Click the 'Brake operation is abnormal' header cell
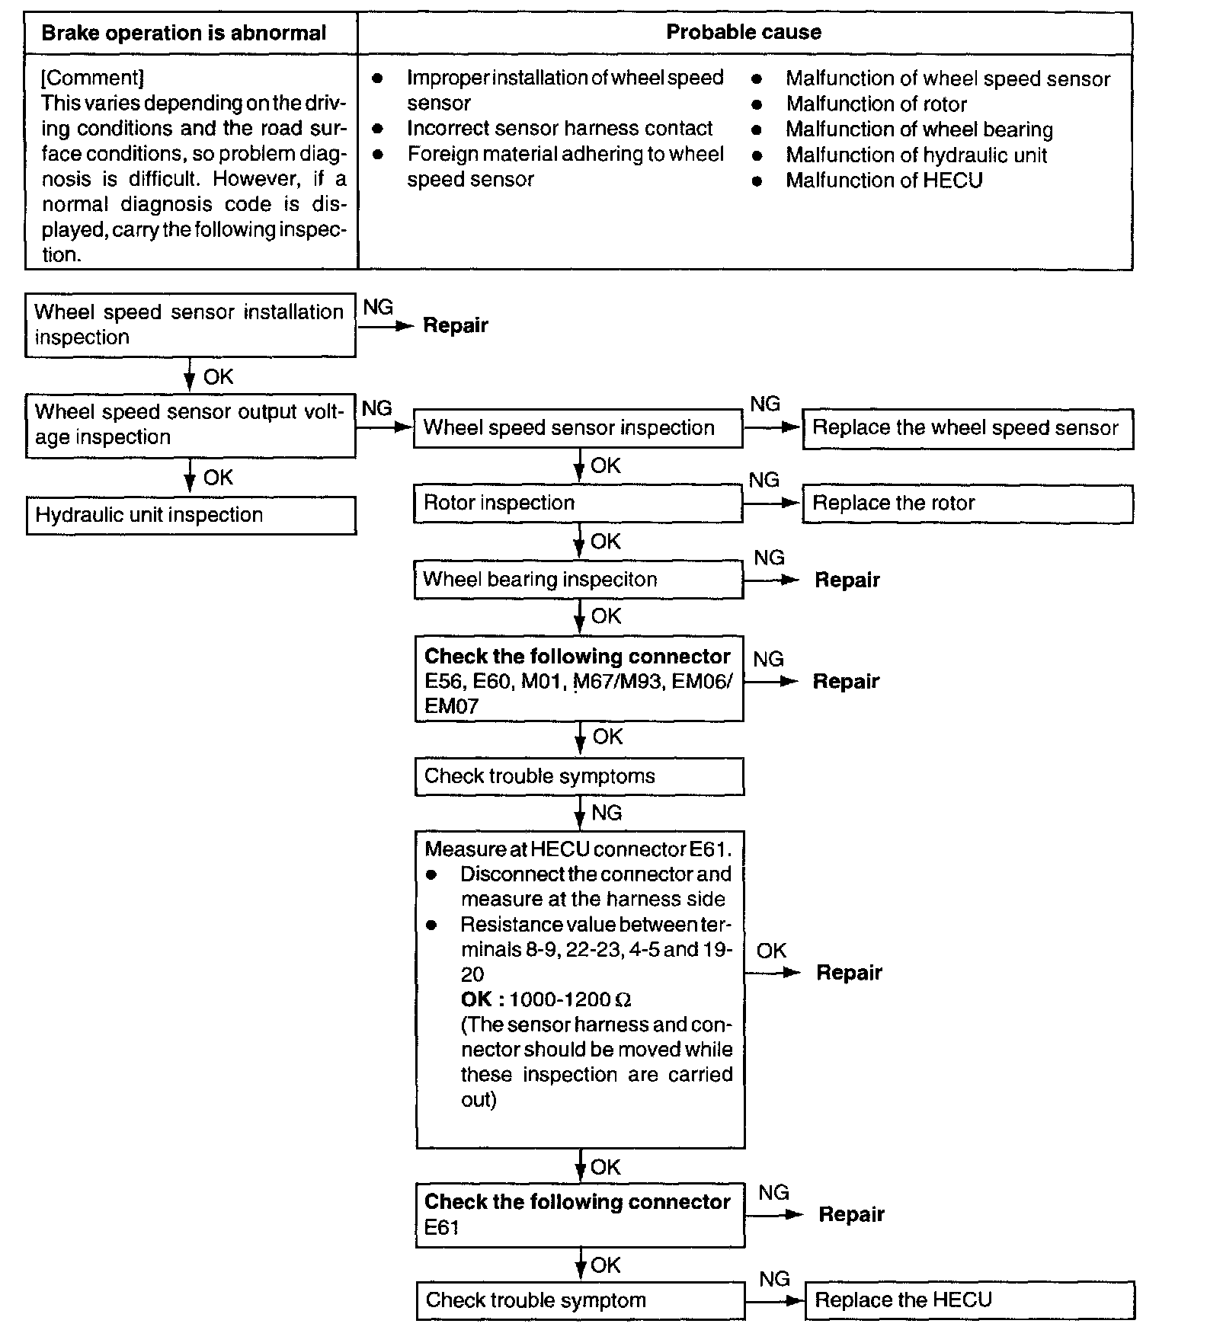[x=184, y=34]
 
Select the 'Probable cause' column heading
[x=743, y=32]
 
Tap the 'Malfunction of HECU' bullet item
[x=884, y=181]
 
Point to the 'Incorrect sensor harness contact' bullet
[x=559, y=128]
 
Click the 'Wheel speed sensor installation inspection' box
[x=190, y=325]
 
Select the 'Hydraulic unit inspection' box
[x=190, y=516]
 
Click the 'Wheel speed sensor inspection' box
[x=578, y=428]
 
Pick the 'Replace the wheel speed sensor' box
[x=967, y=428]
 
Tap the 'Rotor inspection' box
[x=578, y=504]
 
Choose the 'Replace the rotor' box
[x=967, y=504]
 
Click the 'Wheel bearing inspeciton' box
[x=578, y=580]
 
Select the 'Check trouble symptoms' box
[x=578, y=776]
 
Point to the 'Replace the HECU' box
[x=968, y=1300]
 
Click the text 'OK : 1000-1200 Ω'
[x=546, y=999]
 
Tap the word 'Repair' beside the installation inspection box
[x=455, y=325]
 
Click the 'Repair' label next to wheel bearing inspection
[x=847, y=580]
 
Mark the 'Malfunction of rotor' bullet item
[x=876, y=104]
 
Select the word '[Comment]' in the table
[x=92, y=78]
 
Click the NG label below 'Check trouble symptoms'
[x=607, y=813]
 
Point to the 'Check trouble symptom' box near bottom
[x=580, y=1300]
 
